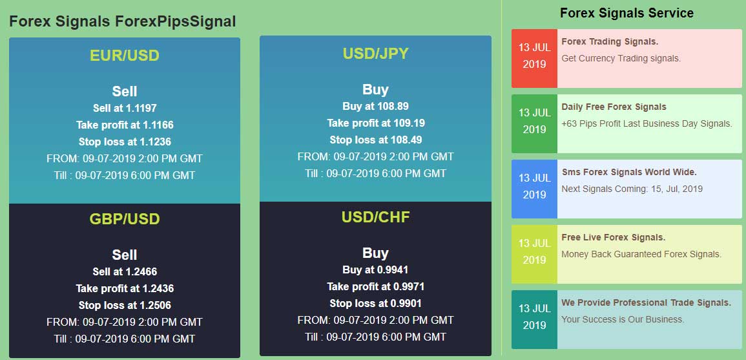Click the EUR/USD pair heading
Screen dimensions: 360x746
125,56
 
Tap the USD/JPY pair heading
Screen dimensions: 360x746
375,54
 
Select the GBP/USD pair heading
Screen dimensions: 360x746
125,219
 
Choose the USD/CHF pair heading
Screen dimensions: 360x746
375,217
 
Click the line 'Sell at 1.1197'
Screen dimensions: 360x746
125,108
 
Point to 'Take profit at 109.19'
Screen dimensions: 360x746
375,123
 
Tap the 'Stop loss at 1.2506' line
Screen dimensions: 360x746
125,305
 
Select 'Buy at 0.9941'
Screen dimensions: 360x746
375,270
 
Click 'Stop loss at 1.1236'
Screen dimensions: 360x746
125,142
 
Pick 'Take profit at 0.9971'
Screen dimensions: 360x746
375,286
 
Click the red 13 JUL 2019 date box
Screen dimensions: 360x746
534,56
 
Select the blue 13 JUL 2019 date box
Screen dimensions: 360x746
534,187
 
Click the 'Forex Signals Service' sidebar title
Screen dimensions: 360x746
627,13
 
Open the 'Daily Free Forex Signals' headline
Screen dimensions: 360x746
614,107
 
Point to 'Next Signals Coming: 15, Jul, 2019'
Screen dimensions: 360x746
632,189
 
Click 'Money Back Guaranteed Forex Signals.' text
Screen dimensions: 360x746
641,254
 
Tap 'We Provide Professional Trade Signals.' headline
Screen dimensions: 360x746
646,302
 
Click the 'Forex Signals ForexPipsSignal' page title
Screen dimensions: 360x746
123,21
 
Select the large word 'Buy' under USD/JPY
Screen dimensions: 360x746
375,89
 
